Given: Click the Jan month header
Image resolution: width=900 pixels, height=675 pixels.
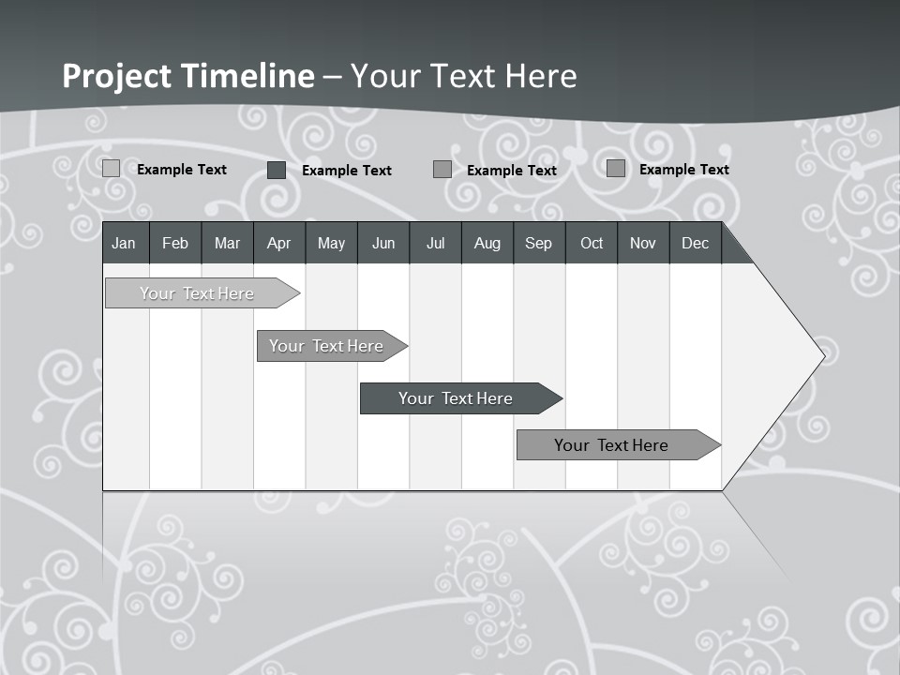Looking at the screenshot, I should [124, 243].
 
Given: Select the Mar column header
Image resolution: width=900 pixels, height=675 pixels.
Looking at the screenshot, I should [227, 243].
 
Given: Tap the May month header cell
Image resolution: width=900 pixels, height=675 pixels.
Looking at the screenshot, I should [331, 243].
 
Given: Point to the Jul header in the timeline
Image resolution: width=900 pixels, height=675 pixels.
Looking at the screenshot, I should [435, 243].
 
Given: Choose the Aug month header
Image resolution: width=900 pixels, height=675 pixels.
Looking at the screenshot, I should [487, 243].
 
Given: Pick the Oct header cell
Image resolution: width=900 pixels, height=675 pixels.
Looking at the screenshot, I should [592, 243].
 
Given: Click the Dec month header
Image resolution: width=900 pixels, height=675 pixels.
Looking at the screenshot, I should [695, 243].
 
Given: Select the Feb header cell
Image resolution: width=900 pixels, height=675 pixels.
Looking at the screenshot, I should [175, 243].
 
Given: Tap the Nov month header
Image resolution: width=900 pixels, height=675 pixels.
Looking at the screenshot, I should [642, 243].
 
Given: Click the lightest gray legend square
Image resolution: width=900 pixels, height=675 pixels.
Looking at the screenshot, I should [112, 169].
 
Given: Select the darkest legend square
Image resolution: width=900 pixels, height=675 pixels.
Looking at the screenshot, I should [277, 170].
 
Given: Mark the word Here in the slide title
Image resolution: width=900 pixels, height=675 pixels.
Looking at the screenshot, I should [541, 76].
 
